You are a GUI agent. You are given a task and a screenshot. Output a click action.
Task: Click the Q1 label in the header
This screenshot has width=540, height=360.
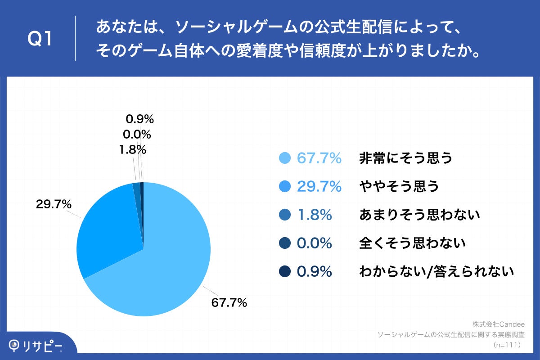pyautogui.click(x=41, y=39)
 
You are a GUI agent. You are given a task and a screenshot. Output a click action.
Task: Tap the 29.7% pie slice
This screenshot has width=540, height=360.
pyautogui.click(x=108, y=229)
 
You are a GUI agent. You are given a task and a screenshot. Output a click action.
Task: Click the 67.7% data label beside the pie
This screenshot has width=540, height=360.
pyautogui.click(x=229, y=302)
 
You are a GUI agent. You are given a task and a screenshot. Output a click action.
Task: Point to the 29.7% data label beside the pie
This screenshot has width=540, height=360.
pyautogui.click(x=54, y=204)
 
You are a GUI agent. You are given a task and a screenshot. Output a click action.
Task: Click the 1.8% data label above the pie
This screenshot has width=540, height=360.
pyautogui.click(x=133, y=149)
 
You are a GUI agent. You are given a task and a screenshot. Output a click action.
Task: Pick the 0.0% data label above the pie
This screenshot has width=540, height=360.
pyautogui.click(x=137, y=134)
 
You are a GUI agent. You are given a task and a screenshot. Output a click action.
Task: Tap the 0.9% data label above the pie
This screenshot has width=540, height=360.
pyautogui.click(x=140, y=119)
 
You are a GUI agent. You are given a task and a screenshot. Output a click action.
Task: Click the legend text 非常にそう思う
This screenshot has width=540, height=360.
pyautogui.click(x=405, y=158)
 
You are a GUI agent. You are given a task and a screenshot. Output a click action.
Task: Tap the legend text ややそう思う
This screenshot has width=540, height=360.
pyautogui.click(x=399, y=186)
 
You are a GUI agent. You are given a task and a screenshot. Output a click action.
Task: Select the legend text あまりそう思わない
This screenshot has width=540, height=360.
pyautogui.click(x=419, y=215)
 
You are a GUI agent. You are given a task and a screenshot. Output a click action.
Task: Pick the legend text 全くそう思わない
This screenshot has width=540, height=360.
pyautogui.click(x=412, y=243)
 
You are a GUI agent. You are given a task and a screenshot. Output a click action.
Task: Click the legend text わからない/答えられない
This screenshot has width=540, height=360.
pyautogui.click(x=436, y=271)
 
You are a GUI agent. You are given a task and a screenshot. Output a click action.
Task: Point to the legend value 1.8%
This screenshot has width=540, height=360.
pyautogui.click(x=315, y=215)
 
